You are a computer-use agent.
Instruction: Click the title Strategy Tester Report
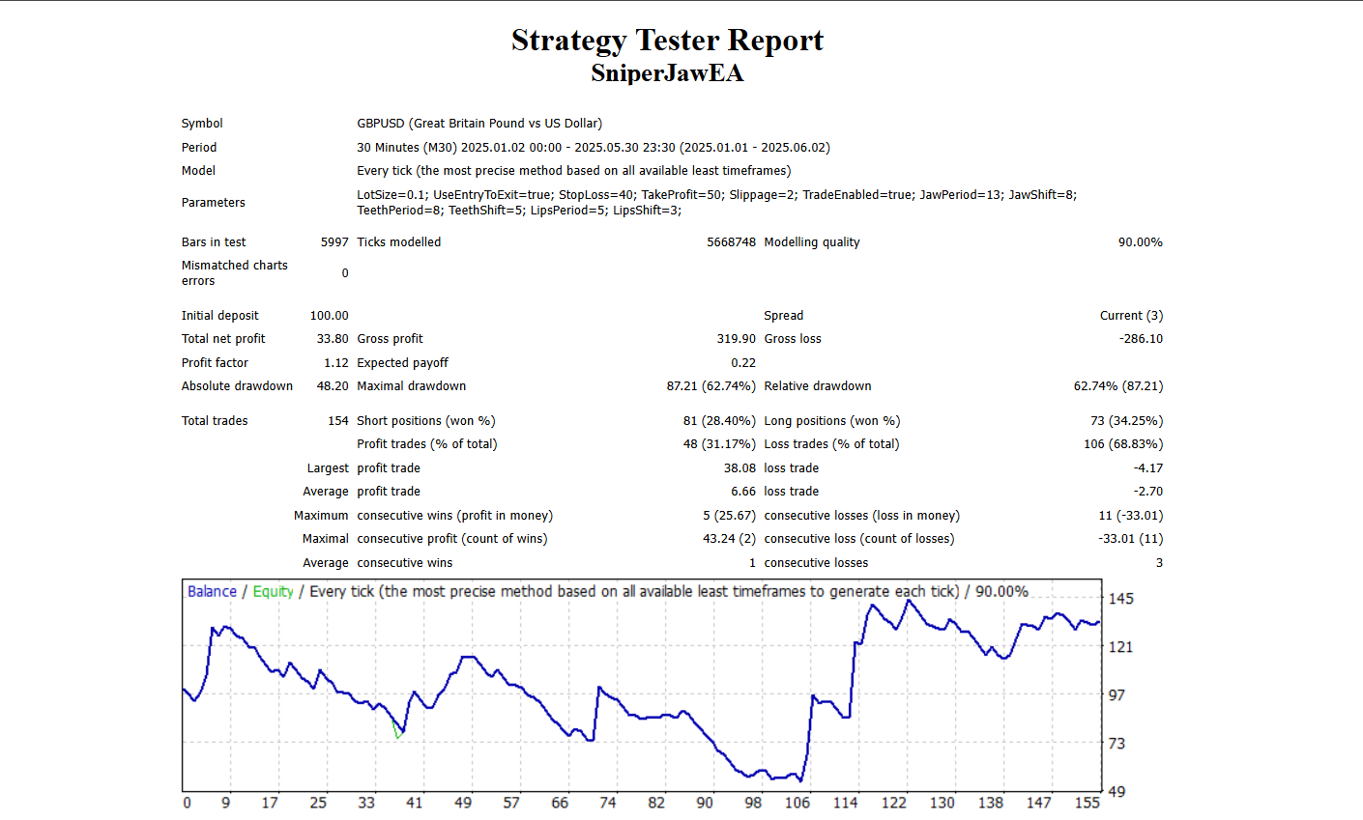[667, 41]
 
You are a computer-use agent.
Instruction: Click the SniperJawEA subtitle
[667, 73]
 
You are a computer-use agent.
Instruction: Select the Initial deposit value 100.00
[329, 316]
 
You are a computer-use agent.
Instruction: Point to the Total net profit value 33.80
[333, 339]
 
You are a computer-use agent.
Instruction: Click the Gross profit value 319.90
[736, 339]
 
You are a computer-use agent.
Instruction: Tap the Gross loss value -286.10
[1141, 339]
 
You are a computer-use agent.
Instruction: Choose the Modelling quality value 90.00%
[1140, 242]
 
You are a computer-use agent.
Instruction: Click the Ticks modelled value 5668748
[731, 242]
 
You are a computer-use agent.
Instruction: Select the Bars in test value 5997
[334, 242]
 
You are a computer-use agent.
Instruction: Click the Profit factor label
[215, 363]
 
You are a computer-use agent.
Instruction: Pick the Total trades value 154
[337, 421]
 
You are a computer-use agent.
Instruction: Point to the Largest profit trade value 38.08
[739, 468]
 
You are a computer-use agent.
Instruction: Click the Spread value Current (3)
[1131, 316]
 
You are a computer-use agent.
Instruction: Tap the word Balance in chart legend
[212, 592]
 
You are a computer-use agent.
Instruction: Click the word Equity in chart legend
[273, 592]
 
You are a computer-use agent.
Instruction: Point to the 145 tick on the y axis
[1120, 599]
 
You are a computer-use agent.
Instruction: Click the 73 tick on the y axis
[1116, 744]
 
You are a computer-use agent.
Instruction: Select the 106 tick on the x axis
[797, 803]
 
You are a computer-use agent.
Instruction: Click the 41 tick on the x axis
[415, 803]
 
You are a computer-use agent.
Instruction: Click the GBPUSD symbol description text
[479, 124]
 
